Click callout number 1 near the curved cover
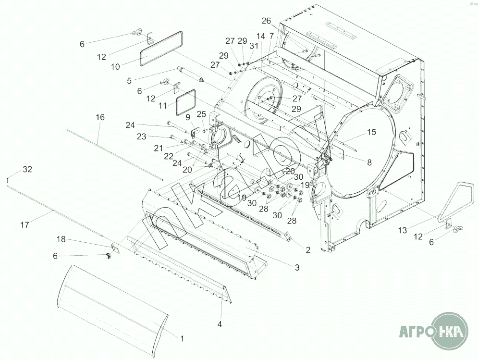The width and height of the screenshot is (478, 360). tap(182, 338)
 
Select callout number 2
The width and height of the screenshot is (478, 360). tap(308, 250)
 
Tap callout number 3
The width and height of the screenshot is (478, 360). tap(297, 267)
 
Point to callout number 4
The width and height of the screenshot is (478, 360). tap(220, 324)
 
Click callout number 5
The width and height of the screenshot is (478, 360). tap(129, 80)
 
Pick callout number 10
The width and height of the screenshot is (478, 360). tap(115, 67)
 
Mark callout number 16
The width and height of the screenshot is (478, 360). tap(100, 117)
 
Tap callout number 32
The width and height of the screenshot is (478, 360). tap(27, 169)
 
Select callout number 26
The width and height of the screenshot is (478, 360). tap(267, 21)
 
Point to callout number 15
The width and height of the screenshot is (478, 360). tap(372, 132)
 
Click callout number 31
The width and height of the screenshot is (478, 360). tap(254, 46)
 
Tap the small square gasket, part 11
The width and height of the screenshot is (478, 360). tap(186, 102)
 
